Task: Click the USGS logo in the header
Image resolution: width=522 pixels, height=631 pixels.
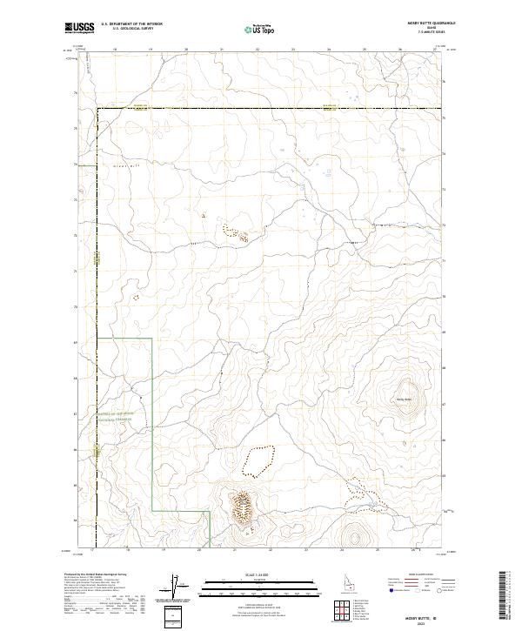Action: coord(80,28)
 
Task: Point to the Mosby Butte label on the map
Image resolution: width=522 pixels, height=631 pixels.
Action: coord(404,400)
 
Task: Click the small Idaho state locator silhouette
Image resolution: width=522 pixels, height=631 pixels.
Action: coord(351,581)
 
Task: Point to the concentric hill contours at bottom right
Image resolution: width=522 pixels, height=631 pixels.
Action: coord(354,535)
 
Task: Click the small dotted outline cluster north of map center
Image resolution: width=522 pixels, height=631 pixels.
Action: coord(237,232)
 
